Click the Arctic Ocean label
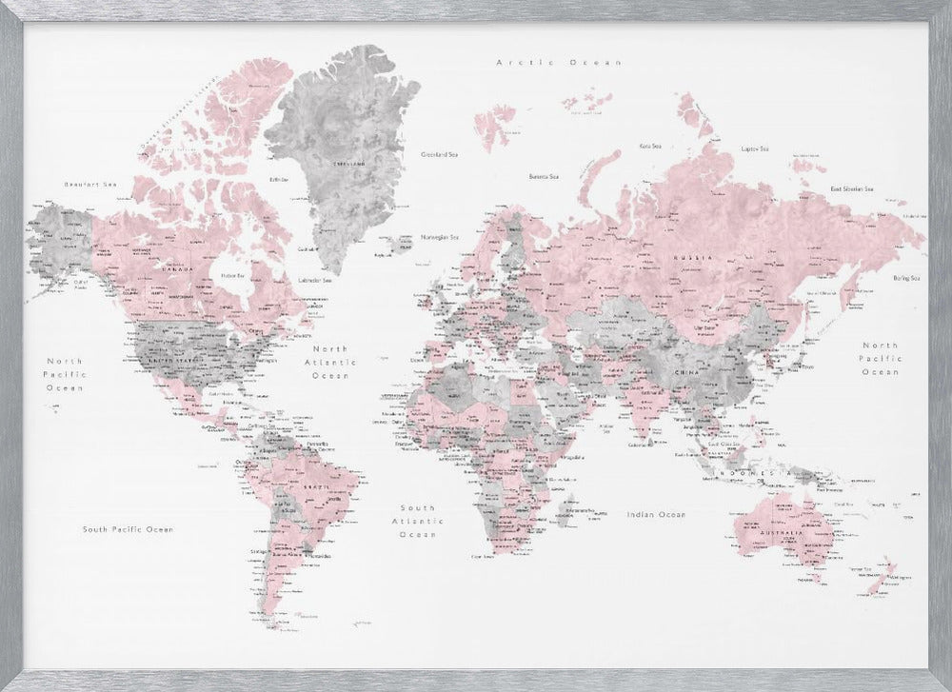pos(559,62)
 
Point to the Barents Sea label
pos(544,175)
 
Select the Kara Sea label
pos(650,146)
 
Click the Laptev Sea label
pos(755,148)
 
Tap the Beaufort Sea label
pos(83,183)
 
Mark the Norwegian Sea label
pos(440,236)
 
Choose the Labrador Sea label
pos(315,281)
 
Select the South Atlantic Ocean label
pos(417,521)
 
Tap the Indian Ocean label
pos(656,514)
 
